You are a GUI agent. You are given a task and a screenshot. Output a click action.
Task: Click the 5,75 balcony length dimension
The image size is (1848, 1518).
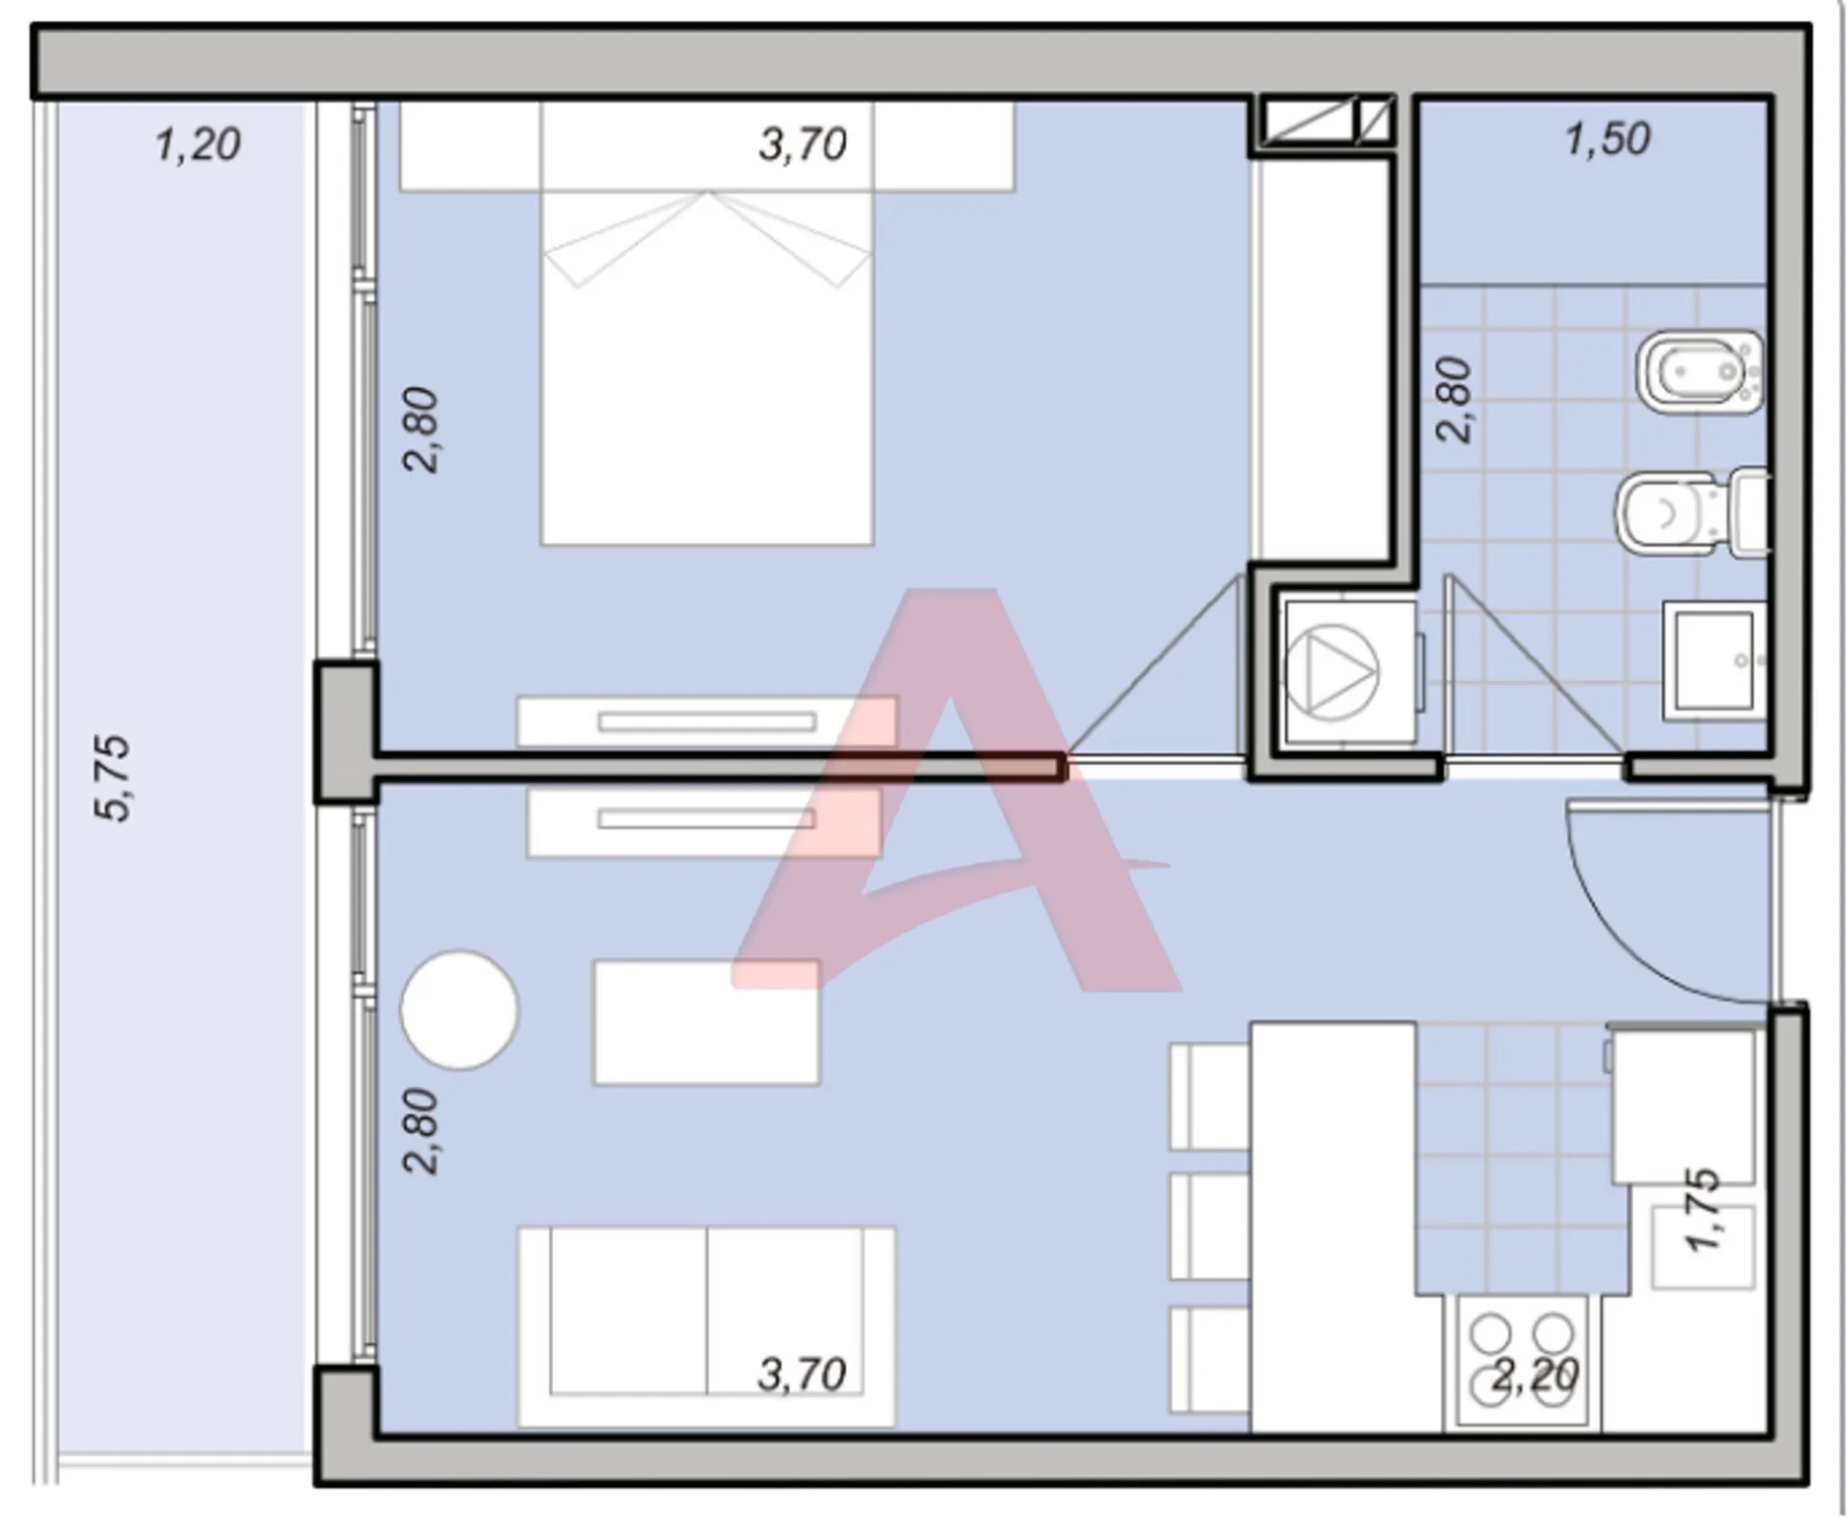tap(113, 777)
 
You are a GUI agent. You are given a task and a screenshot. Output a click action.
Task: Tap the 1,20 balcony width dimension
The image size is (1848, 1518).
tap(197, 145)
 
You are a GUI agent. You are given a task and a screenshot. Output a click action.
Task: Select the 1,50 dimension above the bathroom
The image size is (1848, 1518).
tap(1608, 139)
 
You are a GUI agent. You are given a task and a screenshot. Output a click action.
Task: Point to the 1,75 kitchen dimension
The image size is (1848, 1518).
tap(1702, 1209)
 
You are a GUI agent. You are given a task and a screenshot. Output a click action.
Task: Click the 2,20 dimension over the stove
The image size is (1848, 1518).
tap(1535, 1375)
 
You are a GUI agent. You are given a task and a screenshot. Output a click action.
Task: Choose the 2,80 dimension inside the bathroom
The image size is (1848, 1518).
tap(1454, 399)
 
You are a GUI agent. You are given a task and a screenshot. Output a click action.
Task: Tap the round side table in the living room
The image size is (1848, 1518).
tap(459, 1010)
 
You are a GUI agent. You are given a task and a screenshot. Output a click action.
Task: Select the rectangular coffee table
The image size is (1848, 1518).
tap(707, 1023)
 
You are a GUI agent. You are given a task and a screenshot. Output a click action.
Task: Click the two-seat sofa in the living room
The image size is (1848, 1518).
tap(707, 1327)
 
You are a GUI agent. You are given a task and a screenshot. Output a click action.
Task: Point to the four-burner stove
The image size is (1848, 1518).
tap(1522, 1361)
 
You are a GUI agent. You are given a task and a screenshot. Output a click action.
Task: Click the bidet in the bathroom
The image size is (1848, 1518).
tap(1700, 372)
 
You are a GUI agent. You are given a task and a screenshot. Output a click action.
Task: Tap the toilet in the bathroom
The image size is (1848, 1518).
tap(1692, 513)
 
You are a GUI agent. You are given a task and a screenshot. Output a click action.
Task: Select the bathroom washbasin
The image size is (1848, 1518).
tap(1714, 661)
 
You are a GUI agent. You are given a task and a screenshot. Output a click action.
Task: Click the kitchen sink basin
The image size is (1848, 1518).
tap(1704, 1247)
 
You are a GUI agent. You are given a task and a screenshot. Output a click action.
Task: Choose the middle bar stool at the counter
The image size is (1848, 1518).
tap(1209, 1226)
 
